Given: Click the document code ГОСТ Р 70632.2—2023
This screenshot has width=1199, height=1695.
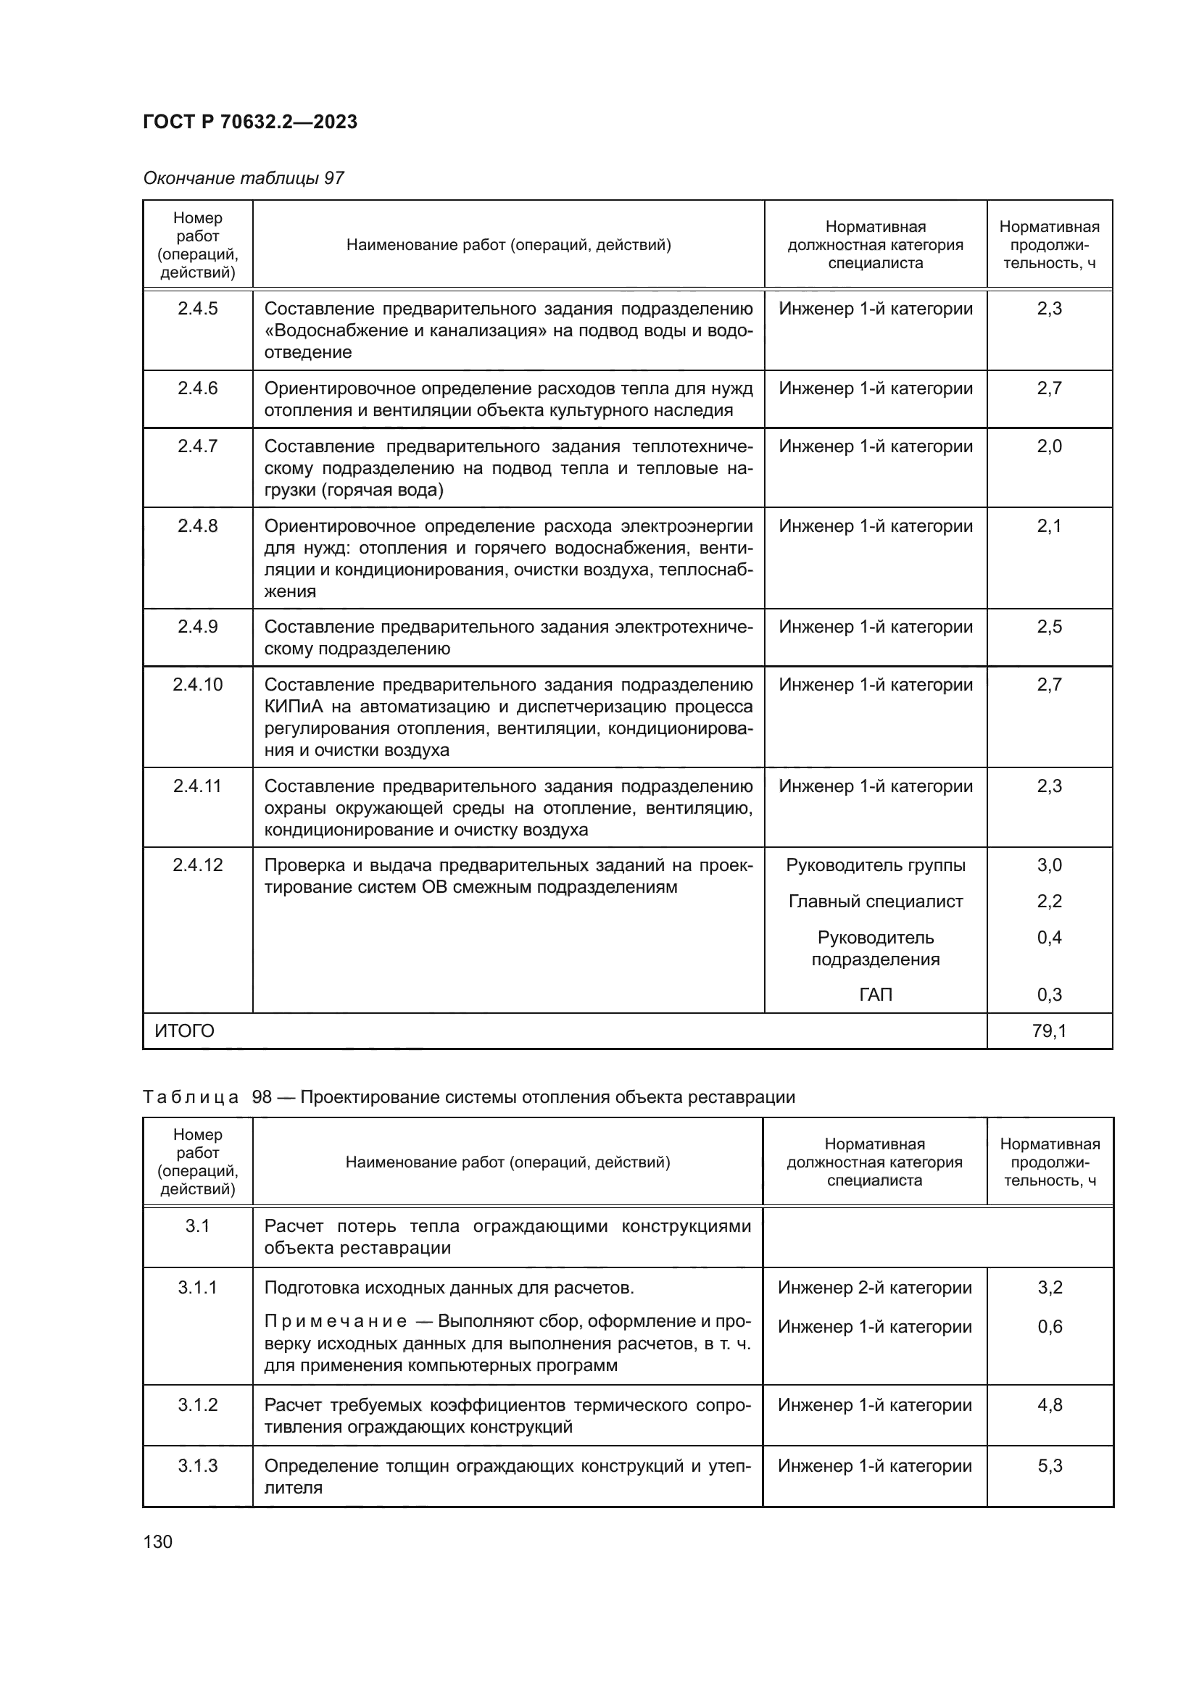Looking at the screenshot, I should (x=249, y=122).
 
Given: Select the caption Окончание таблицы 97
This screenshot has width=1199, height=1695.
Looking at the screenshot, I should (x=244, y=178).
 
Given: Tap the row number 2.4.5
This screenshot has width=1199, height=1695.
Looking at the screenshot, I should (x=197, y=309).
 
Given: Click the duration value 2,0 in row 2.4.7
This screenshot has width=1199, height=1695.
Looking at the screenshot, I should (x=1048, y=446).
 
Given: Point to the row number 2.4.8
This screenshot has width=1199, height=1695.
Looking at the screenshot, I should (x=197, y=525).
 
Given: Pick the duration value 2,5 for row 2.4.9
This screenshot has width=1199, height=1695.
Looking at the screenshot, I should (x=1048, y=627).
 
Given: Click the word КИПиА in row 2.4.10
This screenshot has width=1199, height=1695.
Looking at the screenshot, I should (x=292, y=707).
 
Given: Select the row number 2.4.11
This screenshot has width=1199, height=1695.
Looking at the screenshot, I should (x=197, y=786).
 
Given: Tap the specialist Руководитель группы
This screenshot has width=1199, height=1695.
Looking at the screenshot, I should (x=875, y=865).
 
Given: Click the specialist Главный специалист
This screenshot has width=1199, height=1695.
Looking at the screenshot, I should (x=875, y=901).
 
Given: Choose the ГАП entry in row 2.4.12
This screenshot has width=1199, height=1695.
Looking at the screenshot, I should (x=875, y=994).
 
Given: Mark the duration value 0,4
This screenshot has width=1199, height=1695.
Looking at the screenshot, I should (x=1048, y=938).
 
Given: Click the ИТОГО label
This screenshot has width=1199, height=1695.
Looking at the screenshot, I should (x=185, y=1030).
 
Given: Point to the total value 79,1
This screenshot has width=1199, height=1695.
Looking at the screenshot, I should (x=1048, y=1030).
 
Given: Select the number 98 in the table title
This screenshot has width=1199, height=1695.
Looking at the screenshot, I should (x=262, y=1096).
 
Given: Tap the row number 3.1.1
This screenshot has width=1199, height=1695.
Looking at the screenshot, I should (x=197, y=1288).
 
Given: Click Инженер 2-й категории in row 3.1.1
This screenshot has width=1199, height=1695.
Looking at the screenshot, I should (x=874, y=1288).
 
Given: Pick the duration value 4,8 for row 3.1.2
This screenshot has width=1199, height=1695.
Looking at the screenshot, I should (x=1049, y=1404).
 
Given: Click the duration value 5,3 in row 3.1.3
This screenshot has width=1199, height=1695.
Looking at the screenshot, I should (x=1049, y=1465).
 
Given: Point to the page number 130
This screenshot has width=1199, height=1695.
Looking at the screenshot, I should (x=157, y=1541).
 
